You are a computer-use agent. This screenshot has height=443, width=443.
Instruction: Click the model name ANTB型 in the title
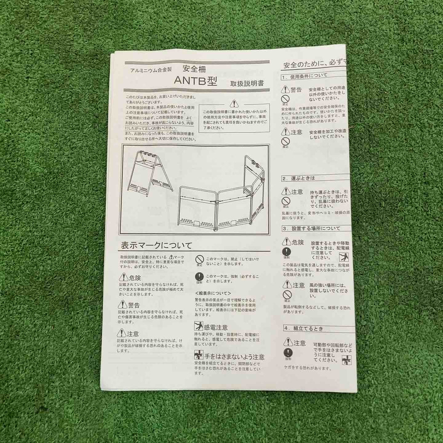click(195, 80)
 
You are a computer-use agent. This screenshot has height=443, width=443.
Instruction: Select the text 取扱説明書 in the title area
click(247, 83)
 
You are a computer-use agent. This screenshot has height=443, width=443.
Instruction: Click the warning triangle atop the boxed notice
click(234, 103)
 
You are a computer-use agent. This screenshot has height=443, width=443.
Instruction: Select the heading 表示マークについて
click(156, 246)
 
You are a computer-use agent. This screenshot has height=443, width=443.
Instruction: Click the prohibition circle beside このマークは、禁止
click(199, 260)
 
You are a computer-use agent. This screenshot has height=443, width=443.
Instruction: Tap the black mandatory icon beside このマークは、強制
click(199, 278)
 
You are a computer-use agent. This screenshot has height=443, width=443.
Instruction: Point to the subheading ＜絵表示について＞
click(213, 293)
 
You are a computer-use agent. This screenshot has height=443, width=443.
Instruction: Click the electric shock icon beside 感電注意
click(199, 327)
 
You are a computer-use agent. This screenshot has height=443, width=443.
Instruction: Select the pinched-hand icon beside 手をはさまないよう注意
click(199, 356)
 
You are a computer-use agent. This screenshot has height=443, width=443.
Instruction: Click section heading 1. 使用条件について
click(304, 76)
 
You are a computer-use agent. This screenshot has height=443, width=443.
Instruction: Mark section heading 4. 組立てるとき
click(304, 328)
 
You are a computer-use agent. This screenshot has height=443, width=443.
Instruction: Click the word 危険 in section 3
click(298, 242)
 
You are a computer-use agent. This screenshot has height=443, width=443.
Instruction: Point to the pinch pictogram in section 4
click(347, 360)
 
